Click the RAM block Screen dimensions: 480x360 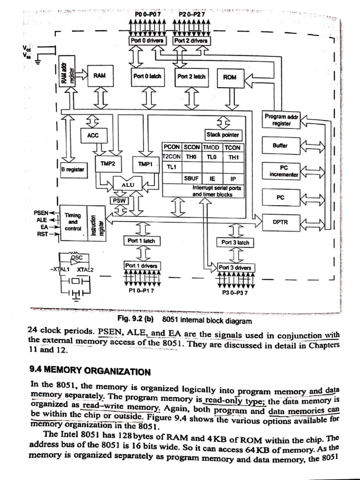99,75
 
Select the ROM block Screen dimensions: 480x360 230,77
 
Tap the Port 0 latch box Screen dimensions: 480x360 147,76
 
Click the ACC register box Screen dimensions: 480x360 93,136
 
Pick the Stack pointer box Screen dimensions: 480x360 223,135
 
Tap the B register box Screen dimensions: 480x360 73,169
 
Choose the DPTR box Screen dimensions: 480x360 280,222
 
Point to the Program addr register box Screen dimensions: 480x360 281,120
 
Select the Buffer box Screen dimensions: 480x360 280,146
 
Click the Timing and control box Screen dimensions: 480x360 73,222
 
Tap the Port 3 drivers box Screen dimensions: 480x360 235,268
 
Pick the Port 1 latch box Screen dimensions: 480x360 141,241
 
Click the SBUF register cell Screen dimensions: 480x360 191,179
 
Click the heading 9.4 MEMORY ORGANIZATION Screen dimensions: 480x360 90,372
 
